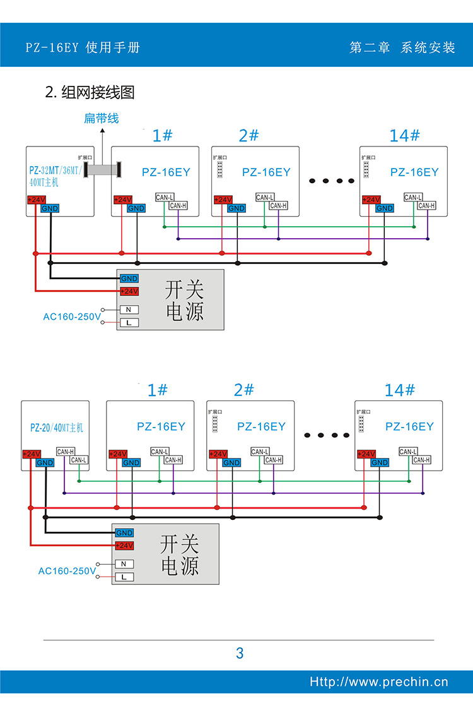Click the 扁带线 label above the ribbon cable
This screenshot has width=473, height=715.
(x=101, y=119)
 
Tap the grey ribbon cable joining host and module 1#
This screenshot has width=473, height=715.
(x=102, y=170)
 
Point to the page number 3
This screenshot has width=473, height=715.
(x=240, y=653)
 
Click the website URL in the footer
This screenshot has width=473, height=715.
(x=379, y=682)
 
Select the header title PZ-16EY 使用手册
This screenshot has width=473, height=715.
(x=83, y=47)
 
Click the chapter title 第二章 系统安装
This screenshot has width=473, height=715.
(x=402, y=47)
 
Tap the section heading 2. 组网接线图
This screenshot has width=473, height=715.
(x=90, y=92)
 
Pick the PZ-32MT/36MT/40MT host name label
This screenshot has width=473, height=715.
(x=55, y=176)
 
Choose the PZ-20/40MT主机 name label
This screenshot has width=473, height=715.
(x=57, y=428)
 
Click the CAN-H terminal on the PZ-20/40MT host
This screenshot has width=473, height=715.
(x=66, y=452)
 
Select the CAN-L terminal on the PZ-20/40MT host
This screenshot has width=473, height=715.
(x=79, y=460)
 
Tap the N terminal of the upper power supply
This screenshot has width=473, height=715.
(x=129, y=309)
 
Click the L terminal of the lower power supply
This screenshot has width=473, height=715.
(x=124, y=577)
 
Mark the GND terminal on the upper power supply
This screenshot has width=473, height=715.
(x=129, y=279)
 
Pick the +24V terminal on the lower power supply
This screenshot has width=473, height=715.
(x=124, y=545)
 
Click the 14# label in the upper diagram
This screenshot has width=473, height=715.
(x=404, y=135)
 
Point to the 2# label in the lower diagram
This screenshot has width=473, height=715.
(x=243, y=390)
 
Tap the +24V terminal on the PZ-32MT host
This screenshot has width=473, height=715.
(x=37, y=200)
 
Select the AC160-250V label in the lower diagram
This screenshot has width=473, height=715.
(x=67, y=571)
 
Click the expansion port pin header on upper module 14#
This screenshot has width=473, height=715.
(x=366, y=170)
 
